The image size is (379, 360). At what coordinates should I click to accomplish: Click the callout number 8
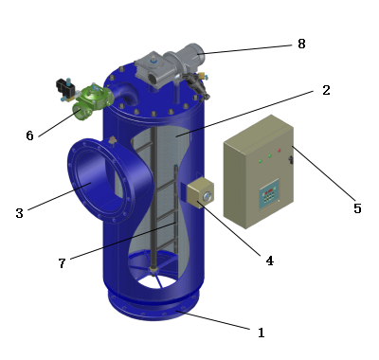tap(301, 44)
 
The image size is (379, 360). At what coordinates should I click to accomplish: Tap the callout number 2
tap(326, 90)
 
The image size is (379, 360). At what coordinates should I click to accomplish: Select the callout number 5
tap(357, 208)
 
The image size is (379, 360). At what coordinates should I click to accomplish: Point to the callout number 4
tap(269, 261)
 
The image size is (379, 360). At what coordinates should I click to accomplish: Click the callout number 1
tap(262, 333)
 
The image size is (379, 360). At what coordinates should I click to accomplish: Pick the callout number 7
tap(63, 263)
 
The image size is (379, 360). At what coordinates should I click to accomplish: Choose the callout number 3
tap(20, 213)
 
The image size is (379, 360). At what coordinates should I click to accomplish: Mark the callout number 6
tap(29, 135)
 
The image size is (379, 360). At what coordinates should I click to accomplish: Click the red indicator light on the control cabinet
tap(280, 151)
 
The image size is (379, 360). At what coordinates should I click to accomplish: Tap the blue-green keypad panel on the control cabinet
tap(269, 194)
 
